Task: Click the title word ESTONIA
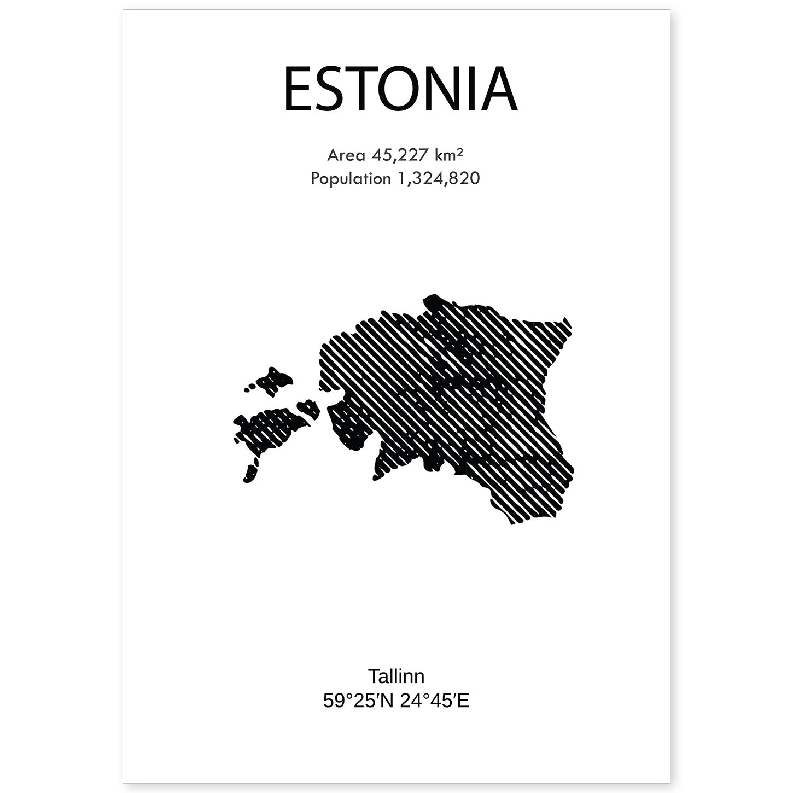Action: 400,90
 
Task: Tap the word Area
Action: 346,155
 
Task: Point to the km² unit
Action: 448,155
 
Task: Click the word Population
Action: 350,179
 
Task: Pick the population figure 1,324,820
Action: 436,179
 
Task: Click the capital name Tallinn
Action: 396,677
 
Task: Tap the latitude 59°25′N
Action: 358,701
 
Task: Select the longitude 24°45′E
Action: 435,701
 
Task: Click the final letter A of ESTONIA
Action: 498,90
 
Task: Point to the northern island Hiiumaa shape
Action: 273,380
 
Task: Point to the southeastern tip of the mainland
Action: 513,520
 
